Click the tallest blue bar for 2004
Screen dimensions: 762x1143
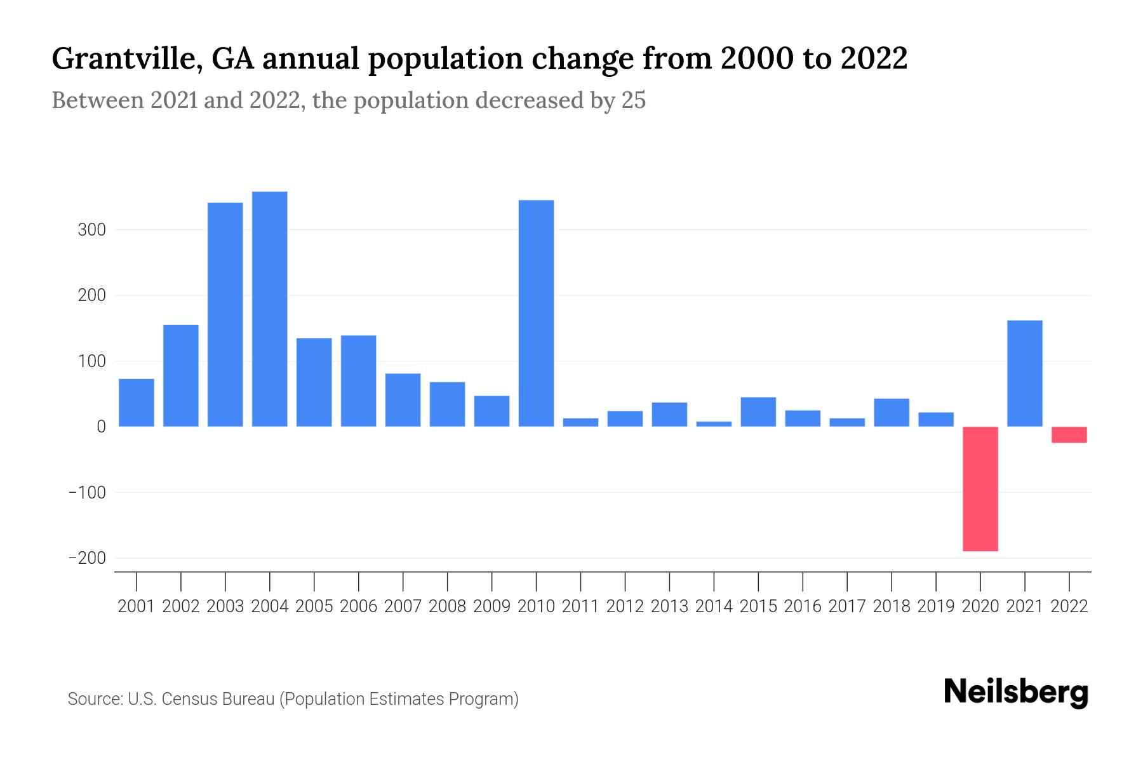tap(270, 309)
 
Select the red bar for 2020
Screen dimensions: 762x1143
tap(980, 489)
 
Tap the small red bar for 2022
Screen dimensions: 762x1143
tap(1069, 435)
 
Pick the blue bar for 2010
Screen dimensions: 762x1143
tap(536, 313)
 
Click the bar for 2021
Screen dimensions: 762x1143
tap(1025, 373)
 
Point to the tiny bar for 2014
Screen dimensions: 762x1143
tap(714, 424)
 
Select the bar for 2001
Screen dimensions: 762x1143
tap(137, 403)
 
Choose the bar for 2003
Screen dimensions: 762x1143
tap(225, 314)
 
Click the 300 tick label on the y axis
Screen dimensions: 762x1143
tap(91, 230)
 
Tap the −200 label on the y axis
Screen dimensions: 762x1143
tap(87, 558)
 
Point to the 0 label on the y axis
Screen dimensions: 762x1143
tap(101, 427)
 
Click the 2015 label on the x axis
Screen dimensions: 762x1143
tap(758, 606)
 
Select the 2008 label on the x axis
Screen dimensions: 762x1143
tap(447, 606)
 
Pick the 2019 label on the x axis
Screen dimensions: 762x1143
tap(936, 606)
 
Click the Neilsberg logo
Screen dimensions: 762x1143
tap(1016, 692)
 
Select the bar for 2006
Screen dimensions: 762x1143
tap(358, 381)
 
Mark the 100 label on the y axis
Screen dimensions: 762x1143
tap(91, 361)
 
